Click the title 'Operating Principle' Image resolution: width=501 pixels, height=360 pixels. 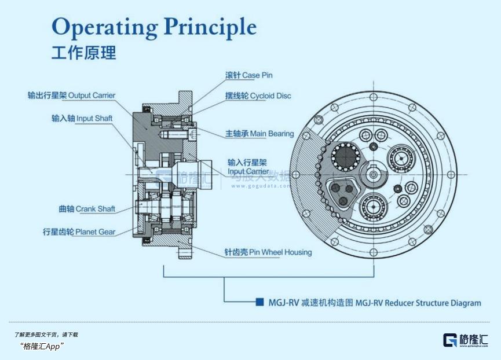(x=153, y=27)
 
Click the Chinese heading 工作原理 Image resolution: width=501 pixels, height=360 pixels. (x=83, y=53)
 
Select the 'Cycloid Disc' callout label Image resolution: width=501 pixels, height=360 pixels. (x=258, y=95)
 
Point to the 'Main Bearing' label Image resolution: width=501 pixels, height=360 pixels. (x=259, y=134)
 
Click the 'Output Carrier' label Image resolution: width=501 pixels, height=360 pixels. (x=71, y=95)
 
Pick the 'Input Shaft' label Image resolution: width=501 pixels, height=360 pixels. (x=82, y=118)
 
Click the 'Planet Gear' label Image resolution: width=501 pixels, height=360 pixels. (x=79, y=232)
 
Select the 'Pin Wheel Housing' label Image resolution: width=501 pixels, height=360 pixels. (x=268, y=252)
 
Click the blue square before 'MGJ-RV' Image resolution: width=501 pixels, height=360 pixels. (x=260, y=302)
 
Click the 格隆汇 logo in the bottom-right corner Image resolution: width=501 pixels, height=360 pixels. (x=465, y=340)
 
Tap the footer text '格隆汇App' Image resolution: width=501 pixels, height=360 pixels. (x=41, y=346)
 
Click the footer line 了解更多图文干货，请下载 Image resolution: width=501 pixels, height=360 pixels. (x=46, y=335)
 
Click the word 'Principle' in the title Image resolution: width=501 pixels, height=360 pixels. (x=210, y=27)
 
